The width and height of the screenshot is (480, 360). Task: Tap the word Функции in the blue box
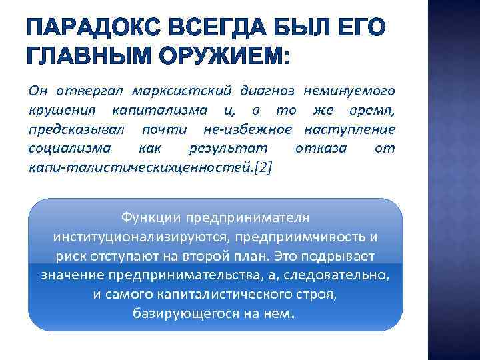click(x=151, y=218)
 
